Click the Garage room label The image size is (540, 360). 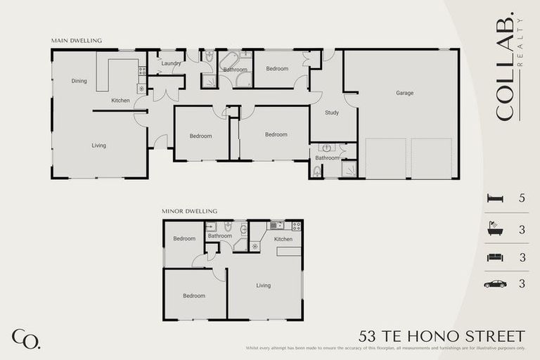point(404,93)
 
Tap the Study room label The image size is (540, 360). point(332,112)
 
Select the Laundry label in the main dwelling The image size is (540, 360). point(171,63)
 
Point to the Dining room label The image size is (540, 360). point(79,81)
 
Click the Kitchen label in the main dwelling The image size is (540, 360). point(120,101)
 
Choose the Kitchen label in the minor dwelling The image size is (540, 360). point(283,239)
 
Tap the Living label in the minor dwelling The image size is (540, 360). point(263,285)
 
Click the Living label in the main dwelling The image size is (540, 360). point(98,146)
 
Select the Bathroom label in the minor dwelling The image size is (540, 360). point(219,236)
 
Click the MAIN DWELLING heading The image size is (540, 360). point(76,41)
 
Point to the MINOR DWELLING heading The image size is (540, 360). point(189,211)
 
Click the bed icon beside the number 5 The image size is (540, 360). point(495,199)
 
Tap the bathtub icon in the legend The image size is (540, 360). point(495,229)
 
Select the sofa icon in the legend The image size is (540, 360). point(495,257)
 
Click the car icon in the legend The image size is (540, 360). point(495,284)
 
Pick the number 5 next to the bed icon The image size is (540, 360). point(522,199)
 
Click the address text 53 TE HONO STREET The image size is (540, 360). point(442,335)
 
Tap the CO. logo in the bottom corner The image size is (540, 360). point(25,338)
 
